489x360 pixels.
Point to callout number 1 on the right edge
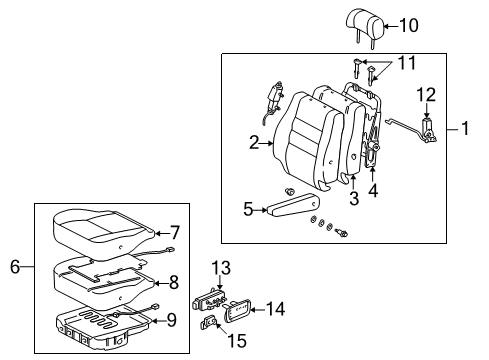465,128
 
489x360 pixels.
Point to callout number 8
173,282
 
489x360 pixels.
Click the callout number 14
275,311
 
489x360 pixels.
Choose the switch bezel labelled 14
240,311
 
